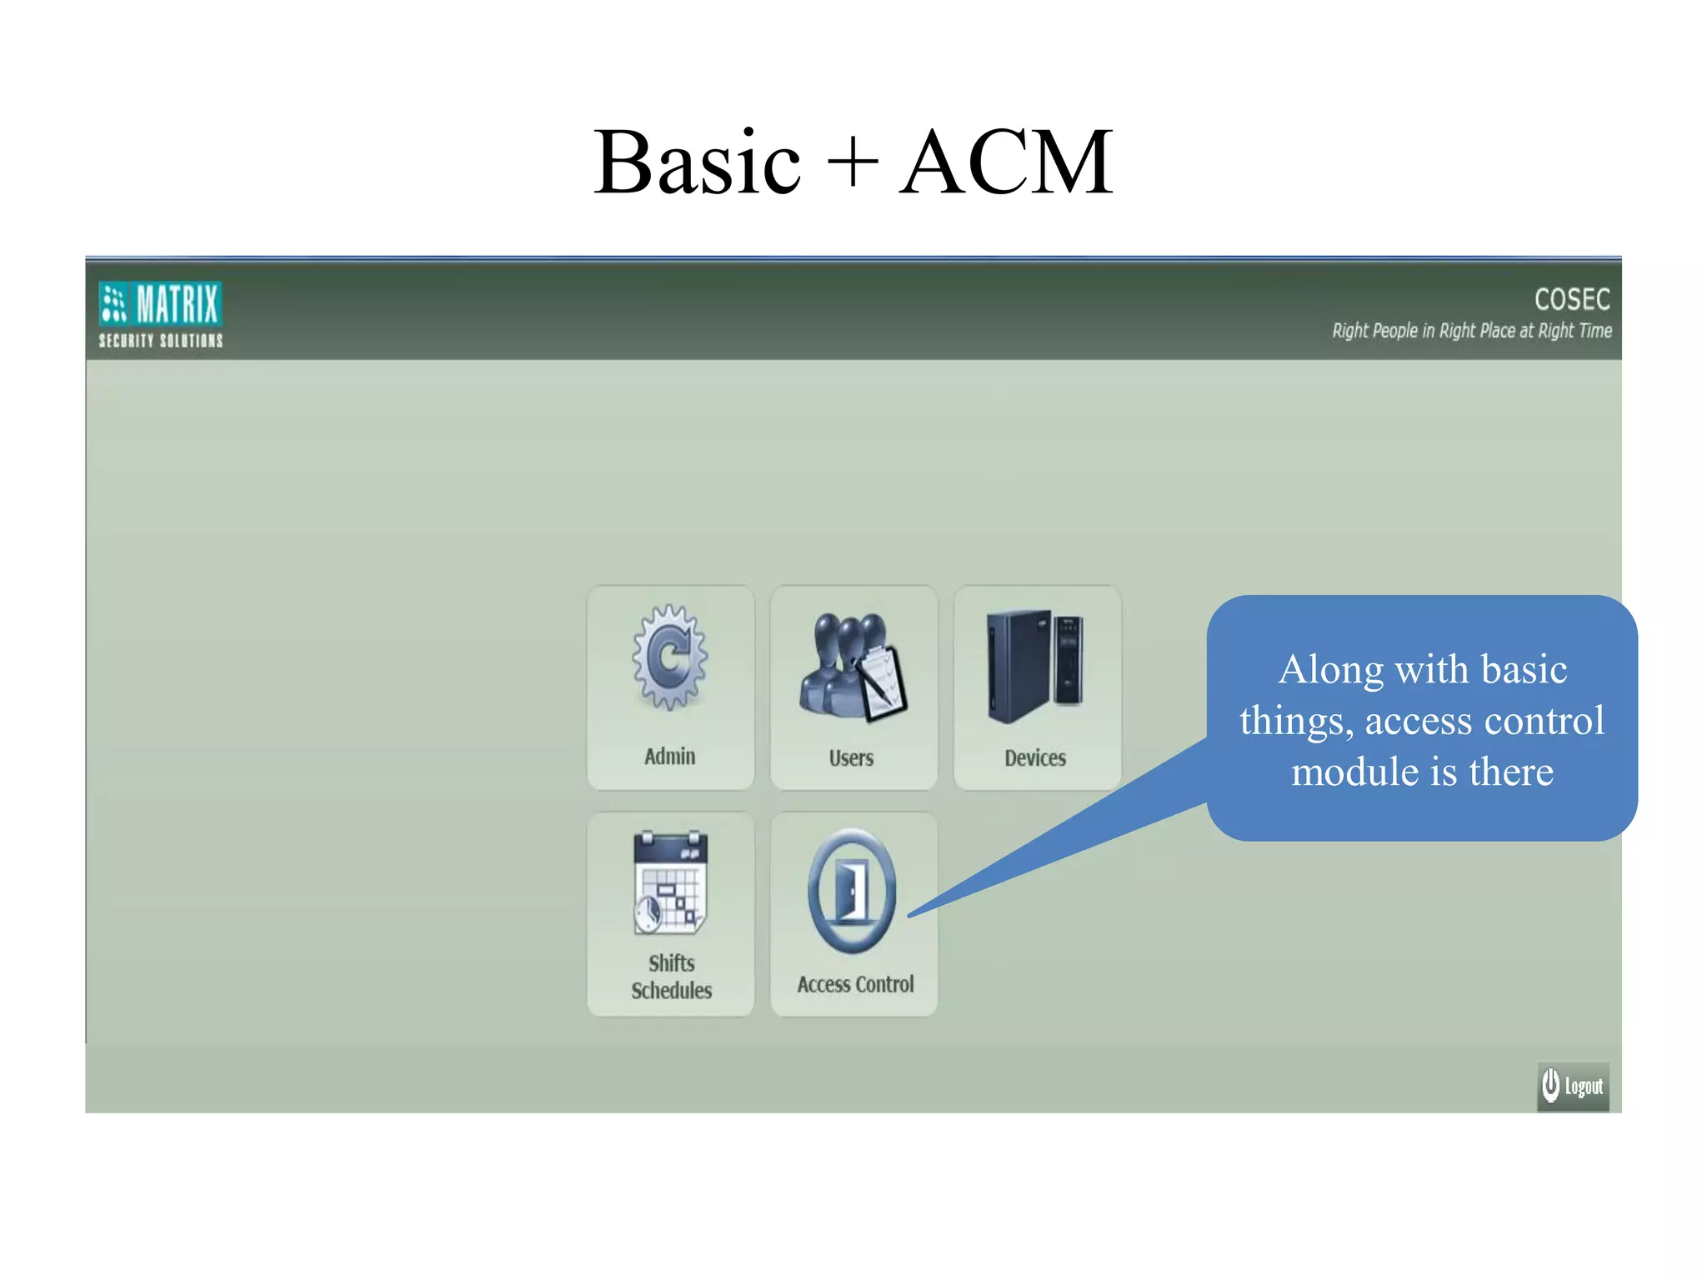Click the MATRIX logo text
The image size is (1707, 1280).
pos(177,303)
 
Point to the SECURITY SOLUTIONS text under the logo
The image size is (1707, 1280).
pos(161,341)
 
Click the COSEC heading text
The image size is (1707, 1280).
pos(1571,299)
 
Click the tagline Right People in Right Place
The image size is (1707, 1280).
pos(1471,331)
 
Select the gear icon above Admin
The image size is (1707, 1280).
pos(670,657)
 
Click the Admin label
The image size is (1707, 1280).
pos(669,757)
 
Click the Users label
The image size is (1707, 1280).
pos(851,758)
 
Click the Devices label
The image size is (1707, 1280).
pos(1034,758)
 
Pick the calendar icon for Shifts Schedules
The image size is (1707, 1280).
pos(671,882)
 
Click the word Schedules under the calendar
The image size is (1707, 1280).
pos(671,991)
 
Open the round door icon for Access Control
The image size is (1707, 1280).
pos(852,891)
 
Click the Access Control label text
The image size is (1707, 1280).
pos(855,985)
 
